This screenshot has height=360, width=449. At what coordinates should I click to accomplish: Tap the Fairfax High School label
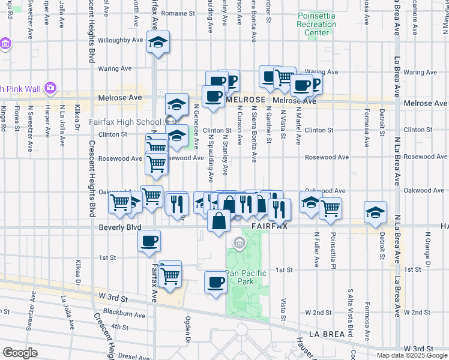click(x=125, y=121)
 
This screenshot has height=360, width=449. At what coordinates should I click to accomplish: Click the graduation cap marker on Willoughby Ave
click(x=158, y=43)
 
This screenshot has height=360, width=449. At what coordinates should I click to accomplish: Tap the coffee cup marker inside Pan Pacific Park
click(x=215, y=281)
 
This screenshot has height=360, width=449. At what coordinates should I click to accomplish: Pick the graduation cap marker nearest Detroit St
click(x=375, y=213)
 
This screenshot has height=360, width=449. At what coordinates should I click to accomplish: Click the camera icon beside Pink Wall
click(x=50, y=89)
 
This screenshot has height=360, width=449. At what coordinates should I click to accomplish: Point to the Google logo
click(x=20, y=352)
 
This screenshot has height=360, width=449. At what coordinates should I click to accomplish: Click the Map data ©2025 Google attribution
click(x=412, y=355)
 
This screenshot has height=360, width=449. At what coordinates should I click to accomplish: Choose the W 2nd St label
click(x=318, y=313)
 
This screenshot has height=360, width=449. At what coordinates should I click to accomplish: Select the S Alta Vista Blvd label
click(x=350, y=312)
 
